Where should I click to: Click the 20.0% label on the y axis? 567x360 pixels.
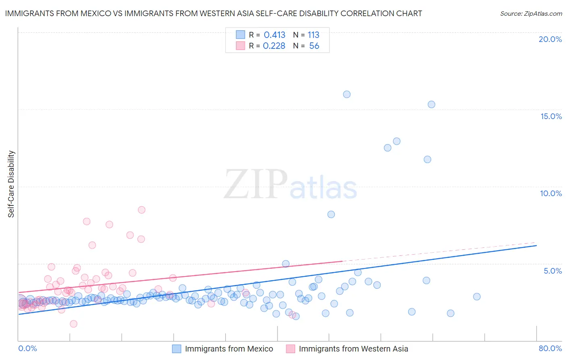[550, 39]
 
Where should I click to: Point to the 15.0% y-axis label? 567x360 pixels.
[551, 116]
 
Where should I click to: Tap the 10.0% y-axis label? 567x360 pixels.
[551, 193]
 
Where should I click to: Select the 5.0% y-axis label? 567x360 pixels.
[552, 271]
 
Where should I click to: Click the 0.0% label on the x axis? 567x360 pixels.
[27, 348]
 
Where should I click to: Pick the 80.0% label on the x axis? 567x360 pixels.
[550, 348]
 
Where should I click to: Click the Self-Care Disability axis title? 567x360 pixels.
[11, 184]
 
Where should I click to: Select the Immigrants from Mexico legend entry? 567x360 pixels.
[229, 349]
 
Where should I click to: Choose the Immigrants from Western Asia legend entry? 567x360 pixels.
[353, 349]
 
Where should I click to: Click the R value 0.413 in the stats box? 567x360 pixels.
[274, 35]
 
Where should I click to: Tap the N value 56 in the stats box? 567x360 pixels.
[314, 46]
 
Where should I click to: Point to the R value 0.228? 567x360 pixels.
[274, 46]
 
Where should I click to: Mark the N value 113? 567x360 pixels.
[313, 35]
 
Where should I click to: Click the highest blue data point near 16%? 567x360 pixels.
[347, 94]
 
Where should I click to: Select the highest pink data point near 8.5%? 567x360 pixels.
[142, 210]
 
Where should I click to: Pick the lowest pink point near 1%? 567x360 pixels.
[73, 324]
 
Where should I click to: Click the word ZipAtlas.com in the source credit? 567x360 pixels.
[543, 14]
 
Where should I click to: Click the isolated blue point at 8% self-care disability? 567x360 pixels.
[331, 214]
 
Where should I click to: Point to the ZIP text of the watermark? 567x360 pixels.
[256, 184]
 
